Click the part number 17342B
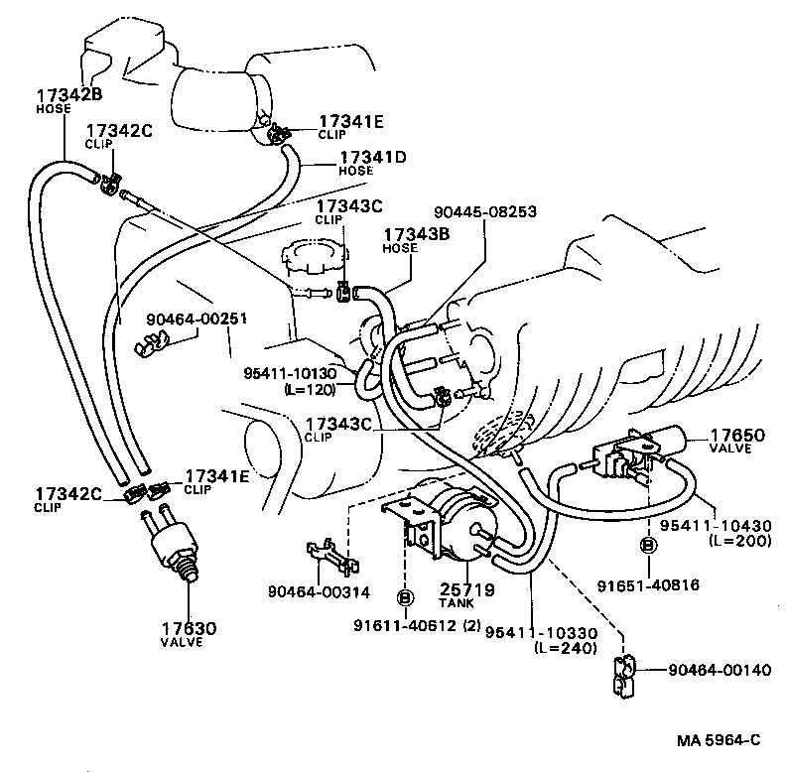pos(69,95)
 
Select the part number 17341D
pos(374,157)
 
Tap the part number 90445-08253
pos(485,211)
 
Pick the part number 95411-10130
pos(291,373)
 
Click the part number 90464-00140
pos(713,670)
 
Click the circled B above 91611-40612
pos(405,596)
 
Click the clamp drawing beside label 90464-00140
pos(621,674)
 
